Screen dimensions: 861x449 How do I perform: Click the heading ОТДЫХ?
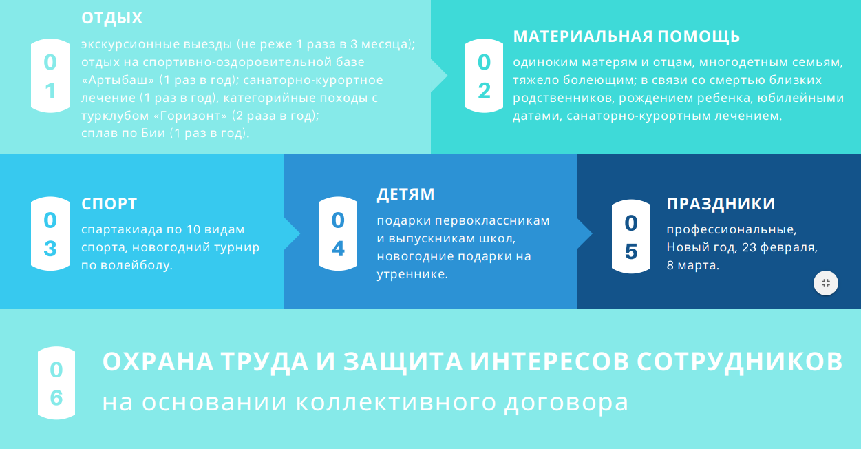pyautogui.click(x=112, y=18)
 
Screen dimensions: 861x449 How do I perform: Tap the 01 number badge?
pyautogui.click(x=50, y=76)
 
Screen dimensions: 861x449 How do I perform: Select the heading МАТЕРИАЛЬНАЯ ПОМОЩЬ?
pyautogui.click(x=626, y=36)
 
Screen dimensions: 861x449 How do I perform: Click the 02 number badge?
pyautogui.click(x=484, y=76)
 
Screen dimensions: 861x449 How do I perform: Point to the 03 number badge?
pyautogui.click(x=50, y=234)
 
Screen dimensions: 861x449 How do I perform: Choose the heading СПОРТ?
pyautogui.click(x=109, y=204)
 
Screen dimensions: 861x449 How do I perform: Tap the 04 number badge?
pyautogui.click(x=338, y=234)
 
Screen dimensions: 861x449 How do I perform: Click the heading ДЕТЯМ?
pyautogui.click(x=405, y=194)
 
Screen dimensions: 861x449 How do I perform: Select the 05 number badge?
pyautogui.click(x=631, y=237)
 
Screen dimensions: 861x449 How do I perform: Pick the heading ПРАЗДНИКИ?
pyautogui.click(x=721, y=204)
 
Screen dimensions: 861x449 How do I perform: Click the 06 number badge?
pyautogui.click(x=56, y=383)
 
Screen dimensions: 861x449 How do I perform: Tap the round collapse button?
pyautogui.click(x=826, y=283)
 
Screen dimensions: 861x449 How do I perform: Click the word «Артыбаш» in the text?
pyautogui.click(x=118, y=80)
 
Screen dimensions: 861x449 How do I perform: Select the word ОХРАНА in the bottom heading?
pyautogui.click(x=158, y=362)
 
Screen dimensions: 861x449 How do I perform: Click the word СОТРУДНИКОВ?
pyautogui.click(x=740, y=362)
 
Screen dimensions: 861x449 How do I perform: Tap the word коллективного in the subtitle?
pyautogui.click(x=396, y=402)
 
